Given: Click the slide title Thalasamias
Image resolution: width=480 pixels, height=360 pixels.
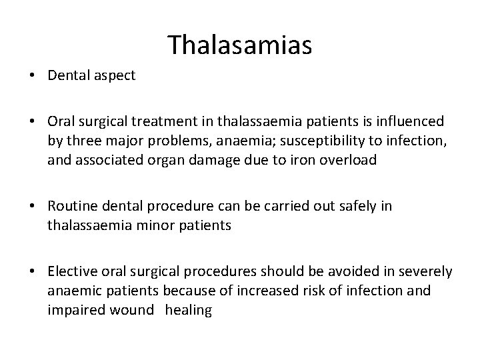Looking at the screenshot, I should click(239, 45).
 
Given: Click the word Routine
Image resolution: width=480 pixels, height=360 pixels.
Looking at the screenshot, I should click(71, 207).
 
